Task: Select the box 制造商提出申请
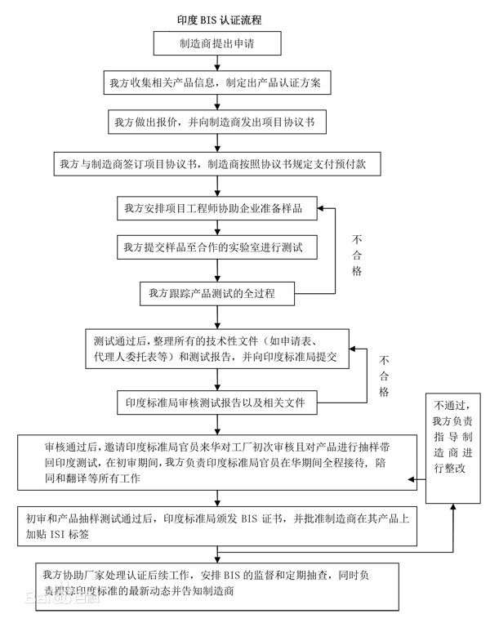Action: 218,43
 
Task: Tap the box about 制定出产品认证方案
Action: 218,83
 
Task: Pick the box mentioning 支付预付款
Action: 218,162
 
